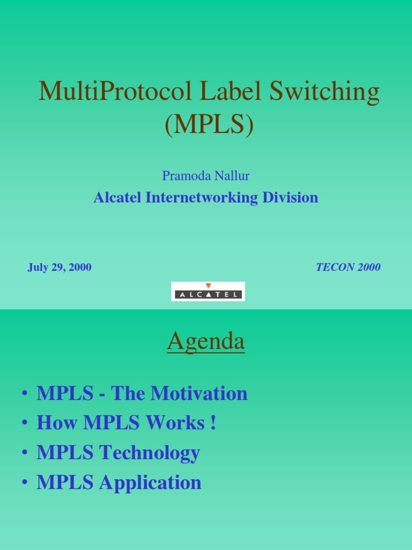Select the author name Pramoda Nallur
click(x=205, y=176)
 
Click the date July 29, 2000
click(x=60, y=267)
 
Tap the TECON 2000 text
click(x=348, y=267)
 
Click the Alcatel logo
click(x=208, y=294)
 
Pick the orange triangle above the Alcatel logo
click(x=208, y=286)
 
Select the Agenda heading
click(x=206, y=342)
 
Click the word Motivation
click(x=199, y=394)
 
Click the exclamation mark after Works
click(x=214, y=423)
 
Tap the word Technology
click(x=150, y=453)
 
